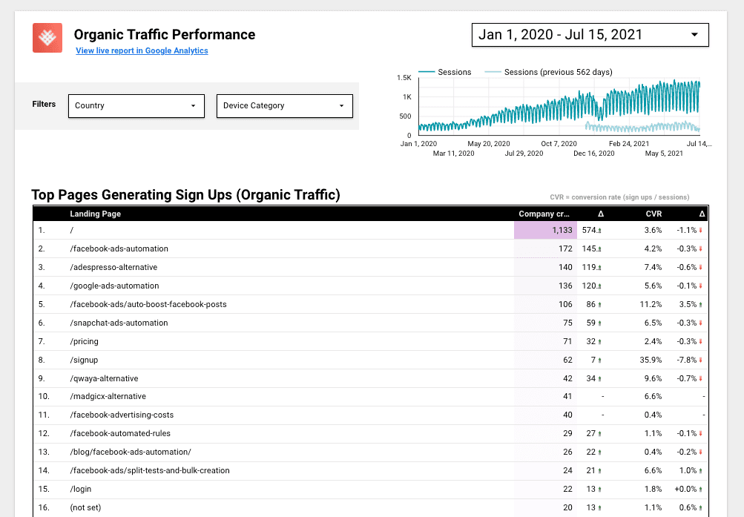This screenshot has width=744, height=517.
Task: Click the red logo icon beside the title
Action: (x=47, y=38)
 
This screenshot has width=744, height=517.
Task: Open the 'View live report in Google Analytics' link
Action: (x=142, y=50)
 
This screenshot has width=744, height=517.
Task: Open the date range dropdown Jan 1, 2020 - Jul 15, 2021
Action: (x=590, y=35)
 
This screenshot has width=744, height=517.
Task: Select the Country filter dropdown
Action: (x=136, y=105)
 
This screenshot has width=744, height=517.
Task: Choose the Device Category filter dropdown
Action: (x=284, y=105)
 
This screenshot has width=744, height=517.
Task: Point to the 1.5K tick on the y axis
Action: (x=404, y=77)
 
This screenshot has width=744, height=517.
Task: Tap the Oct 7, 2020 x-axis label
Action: (x=559, y=143)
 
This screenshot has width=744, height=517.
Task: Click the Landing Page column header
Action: (x=96, y=214)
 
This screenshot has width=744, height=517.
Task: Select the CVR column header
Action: (x=653, y=214)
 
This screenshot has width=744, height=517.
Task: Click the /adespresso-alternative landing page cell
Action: (x=113, y=267)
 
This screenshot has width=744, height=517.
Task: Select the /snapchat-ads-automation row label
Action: (x=119, y=323)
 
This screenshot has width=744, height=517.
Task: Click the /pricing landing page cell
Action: (x=84, y=341)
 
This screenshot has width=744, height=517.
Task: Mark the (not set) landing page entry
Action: (x=85, y=507)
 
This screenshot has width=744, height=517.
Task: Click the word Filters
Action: (x=44, y=104)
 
